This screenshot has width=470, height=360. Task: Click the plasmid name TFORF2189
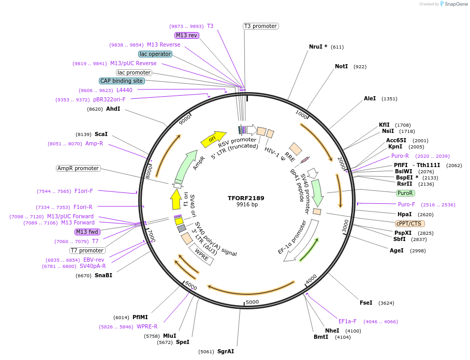(x=246, y=198)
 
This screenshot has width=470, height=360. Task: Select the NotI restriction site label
(x=341, y=67)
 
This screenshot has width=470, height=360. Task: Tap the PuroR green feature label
(x=405, y=193)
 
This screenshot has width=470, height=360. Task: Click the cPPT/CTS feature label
(x=409, y=223)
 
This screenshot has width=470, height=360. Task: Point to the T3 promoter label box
(x=260, y=26)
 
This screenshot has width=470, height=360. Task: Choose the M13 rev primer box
(x=186, y=35)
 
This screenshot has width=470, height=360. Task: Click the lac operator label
(x=155, y=54)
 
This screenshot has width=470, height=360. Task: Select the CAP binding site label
(x=122, y=81)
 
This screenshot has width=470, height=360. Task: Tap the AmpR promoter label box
(x=78, y=168)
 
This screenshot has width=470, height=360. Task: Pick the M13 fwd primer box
(x=86, y=232)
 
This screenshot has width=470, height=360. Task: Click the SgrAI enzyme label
(x=226, y=351)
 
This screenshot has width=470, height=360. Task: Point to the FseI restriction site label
(x=366, y=303)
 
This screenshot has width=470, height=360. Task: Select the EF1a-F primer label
(x=347, y=321)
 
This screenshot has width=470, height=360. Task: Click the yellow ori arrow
(x=213, y=138)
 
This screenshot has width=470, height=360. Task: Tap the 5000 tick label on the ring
(x=252, y=302)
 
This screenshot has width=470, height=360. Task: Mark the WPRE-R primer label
(x=147, y=326)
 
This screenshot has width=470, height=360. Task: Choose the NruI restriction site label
(x=318, y=47)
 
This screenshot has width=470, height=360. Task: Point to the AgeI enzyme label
(x=396, y=250)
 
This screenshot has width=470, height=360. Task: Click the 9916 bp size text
(x=246, y=205)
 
